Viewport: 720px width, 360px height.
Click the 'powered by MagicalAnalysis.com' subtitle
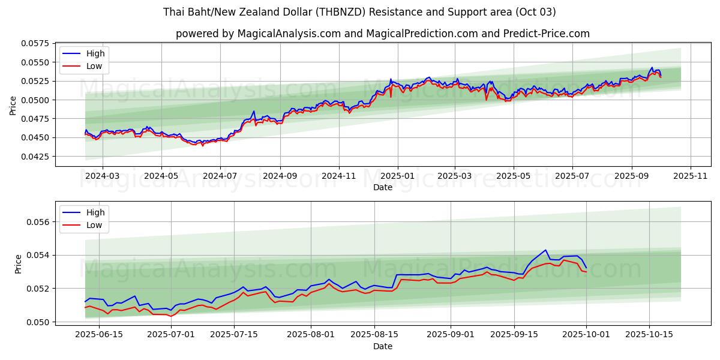pos(382,34)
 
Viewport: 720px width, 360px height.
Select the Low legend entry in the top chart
pos(94,66)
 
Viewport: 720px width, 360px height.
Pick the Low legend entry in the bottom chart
pos(94,225)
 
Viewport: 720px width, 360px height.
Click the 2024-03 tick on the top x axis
pos(103,176)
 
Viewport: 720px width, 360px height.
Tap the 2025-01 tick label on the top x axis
pos(397,176)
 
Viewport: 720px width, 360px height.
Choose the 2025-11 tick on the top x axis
pos(691,176)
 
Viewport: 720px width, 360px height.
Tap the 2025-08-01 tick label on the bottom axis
pos(311,334)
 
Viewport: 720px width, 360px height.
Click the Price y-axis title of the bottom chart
pos(18,264)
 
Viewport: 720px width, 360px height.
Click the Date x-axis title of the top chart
pos(382,187)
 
